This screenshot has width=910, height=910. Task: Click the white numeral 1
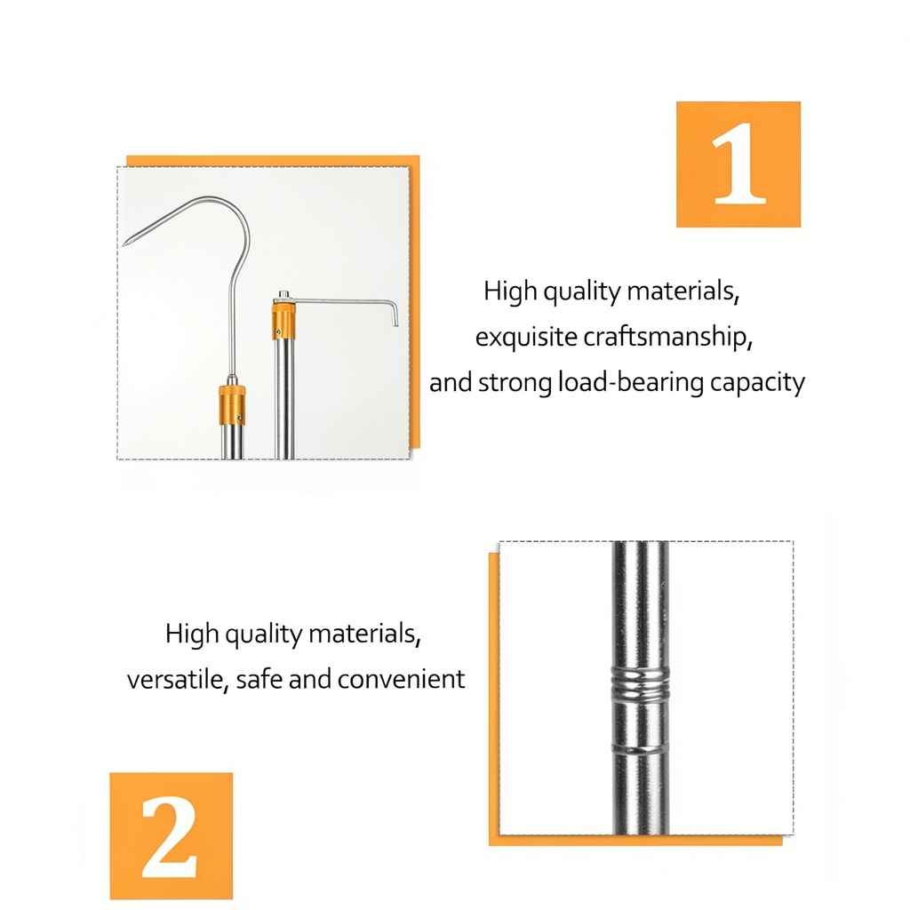(x=738, y=164)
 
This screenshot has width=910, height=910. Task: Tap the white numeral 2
(x=170, y=835)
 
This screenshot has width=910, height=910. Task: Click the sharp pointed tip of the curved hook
(x=124, y=246)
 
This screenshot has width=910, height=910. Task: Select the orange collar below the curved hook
(x=232, y=405)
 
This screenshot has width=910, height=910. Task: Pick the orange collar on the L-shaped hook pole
(x=284, y=320)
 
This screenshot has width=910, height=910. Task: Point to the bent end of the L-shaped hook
(x=395, y=313)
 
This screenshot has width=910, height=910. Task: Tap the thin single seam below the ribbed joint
(x=640, y=749)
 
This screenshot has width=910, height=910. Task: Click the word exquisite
(x=526, y=337)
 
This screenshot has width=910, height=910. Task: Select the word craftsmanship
(x=667, y=337)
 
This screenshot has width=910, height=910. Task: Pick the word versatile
(x=176, y=679)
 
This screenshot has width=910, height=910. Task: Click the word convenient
(x=401, y=679)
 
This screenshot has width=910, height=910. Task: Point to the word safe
(x=259, y=678)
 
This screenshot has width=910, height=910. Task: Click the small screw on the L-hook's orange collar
(x=278, y=332)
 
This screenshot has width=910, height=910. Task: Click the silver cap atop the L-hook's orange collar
(x=283, y=297)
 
